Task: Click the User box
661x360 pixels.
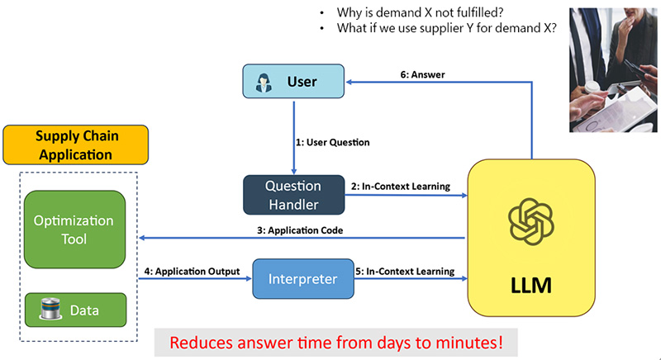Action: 292,82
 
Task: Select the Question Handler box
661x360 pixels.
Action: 292,193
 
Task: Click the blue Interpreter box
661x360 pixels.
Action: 302,279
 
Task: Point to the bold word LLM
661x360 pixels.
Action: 531,287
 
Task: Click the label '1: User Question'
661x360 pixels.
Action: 332,142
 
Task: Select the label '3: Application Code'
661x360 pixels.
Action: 303,230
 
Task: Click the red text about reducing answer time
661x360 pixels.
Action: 335,341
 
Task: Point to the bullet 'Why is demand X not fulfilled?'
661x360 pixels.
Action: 419,12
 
